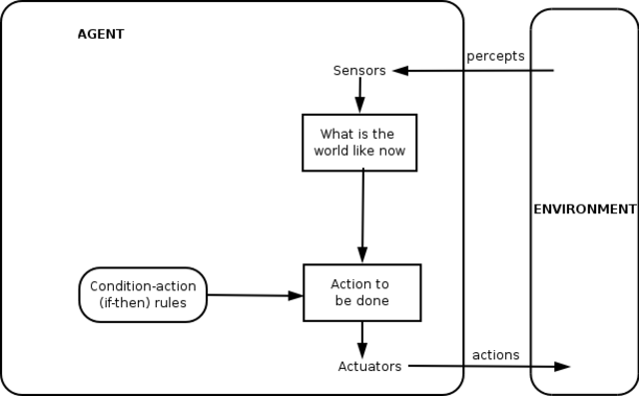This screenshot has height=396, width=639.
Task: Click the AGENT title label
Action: click(101, 34)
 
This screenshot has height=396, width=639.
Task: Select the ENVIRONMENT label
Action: click(584, 209)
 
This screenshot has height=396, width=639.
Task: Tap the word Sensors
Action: click(359, 71)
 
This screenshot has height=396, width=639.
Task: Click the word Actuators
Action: click(369, 366)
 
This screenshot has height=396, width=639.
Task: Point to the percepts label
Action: click(495, 55)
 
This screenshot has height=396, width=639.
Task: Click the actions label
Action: click(495, 354)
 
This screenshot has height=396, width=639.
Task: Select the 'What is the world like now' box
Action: click(359, 142)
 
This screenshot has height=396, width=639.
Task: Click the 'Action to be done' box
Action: click(361, 292)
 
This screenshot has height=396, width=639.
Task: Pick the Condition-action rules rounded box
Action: click(143, 294)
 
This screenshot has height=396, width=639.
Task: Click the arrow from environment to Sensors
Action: click(479, 71)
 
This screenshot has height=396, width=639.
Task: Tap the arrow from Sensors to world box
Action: click(359, 96)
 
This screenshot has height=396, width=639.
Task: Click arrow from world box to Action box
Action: click(362, 214)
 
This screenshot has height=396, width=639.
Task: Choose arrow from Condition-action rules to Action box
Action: click(255, 295)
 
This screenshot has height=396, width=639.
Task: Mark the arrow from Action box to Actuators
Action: click(361, 336)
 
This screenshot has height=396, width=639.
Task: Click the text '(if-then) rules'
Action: click(143, 303)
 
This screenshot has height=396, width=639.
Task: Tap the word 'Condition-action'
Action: click(143, 286)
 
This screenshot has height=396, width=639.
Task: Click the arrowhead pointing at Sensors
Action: click(399, 71)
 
